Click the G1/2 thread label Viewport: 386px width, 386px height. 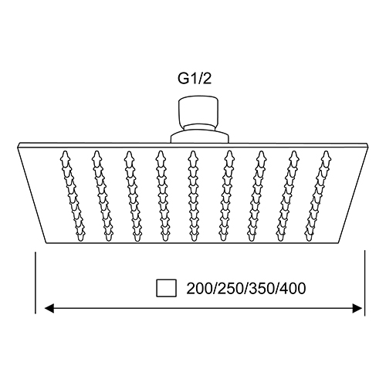[x=195, y=79]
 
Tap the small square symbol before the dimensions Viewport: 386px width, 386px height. [x=167, y=288]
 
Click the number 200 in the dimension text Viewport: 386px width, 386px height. [x=199, y=289]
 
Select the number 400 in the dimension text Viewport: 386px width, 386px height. [x=293, y=289]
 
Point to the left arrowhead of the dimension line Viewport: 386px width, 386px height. [x=49, y=308]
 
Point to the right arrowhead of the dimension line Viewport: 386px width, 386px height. [x=357, y=308]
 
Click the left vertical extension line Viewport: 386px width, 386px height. [x=36, y=283]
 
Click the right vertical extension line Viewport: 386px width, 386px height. [x=364, y=283]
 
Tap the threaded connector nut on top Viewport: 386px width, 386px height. [x=198, y=111]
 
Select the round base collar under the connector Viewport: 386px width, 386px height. [x=200, y=137]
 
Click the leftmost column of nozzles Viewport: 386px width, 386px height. [x=73, y=196]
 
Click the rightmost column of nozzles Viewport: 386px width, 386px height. [x=318, y=196]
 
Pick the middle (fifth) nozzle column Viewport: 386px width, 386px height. [x=193, y=196]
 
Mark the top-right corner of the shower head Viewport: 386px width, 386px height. [x=368, y=143]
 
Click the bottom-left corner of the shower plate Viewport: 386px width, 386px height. [x=46, y=243]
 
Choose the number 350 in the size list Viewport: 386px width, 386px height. [x=262, y=289]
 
